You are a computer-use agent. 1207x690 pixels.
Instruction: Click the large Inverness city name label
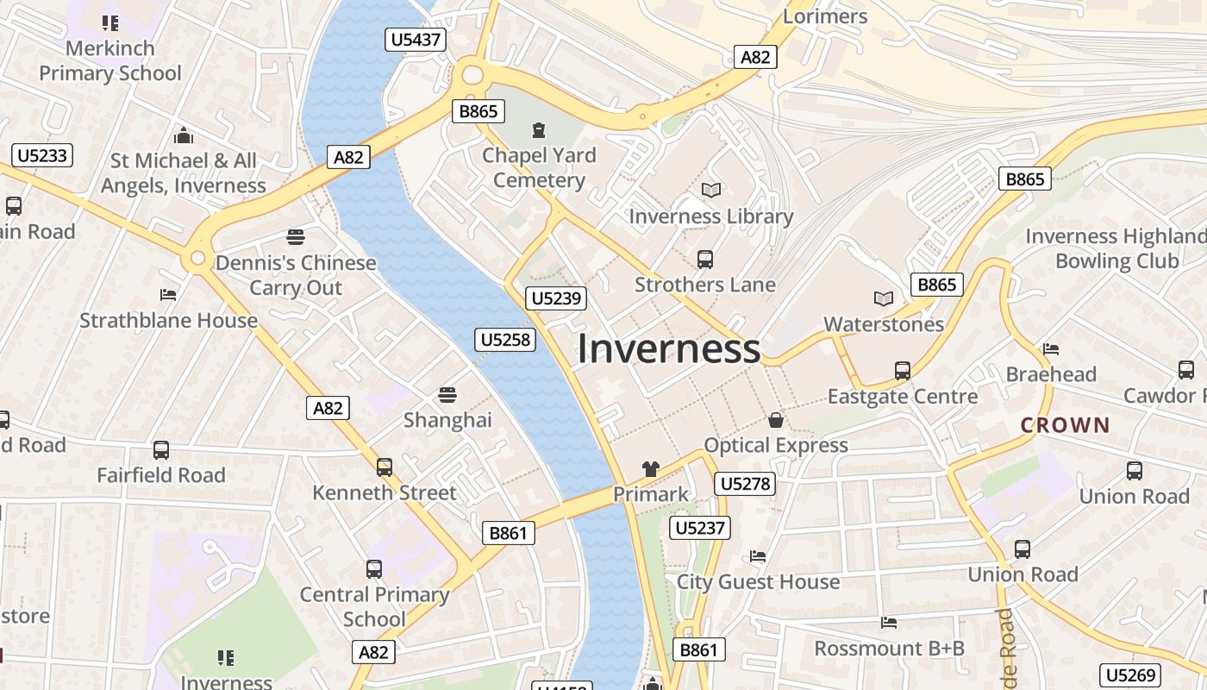click(668, 348)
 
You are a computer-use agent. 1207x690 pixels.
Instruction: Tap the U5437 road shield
click(416, 39)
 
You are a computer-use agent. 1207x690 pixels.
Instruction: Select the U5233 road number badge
click(42, 155)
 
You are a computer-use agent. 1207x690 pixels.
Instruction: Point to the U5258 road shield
click(505, 340)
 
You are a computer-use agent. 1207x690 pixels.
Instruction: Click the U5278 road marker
click(745, 484)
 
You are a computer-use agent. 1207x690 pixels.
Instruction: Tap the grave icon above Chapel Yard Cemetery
click(539, 131)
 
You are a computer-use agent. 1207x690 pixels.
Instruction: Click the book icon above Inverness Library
click(710, 190)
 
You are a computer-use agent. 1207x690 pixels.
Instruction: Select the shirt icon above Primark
click(650, 469)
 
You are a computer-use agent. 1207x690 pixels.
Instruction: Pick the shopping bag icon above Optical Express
click(776, 420)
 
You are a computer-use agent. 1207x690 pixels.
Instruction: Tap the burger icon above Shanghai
click(447, 395)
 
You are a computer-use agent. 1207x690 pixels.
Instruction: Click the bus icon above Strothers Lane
click(704, 259)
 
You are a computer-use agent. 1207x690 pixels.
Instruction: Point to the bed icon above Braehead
click(1050, 349)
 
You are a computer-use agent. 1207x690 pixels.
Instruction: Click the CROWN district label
click(1065, 424)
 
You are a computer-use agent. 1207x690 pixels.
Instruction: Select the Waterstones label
click(884, 324)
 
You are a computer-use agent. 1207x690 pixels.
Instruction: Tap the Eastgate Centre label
click(903, 396)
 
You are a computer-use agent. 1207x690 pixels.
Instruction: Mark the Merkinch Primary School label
click(110, 60)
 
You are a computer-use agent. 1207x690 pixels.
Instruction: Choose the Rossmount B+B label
click(889, 648)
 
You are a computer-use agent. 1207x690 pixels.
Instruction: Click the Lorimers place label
click(825, 16)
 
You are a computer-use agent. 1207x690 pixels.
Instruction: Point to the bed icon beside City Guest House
click(758, 556)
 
